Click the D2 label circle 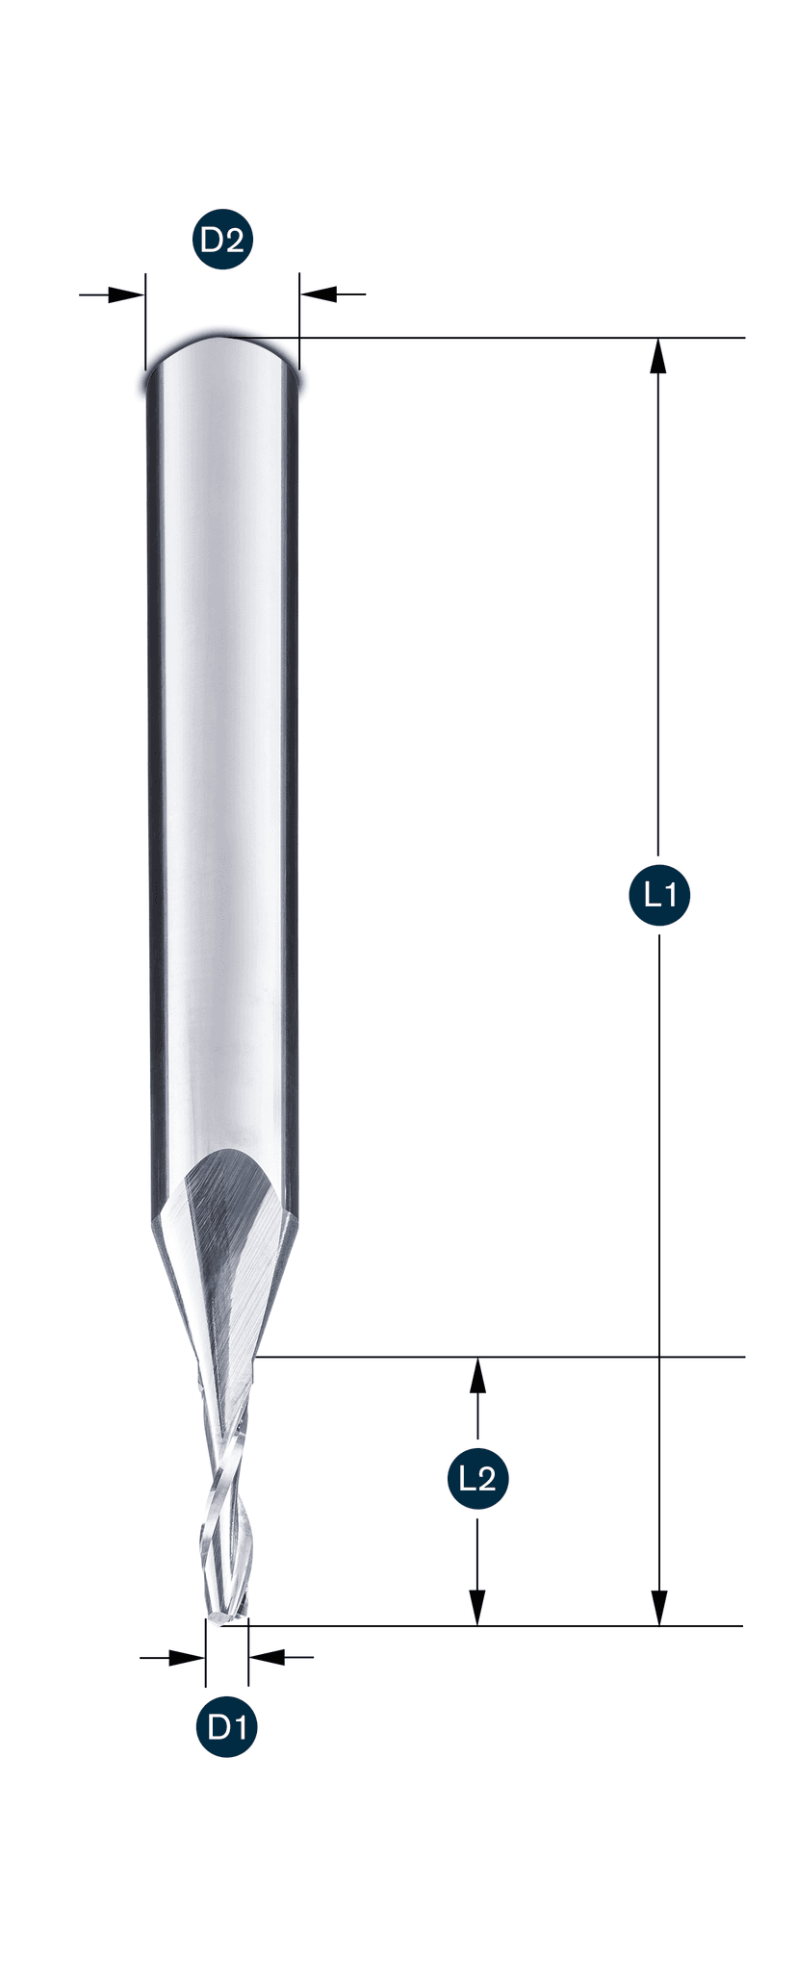[x=222, y=240]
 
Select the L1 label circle [x=659, y=895]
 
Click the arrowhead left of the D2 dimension [x=125, y=294]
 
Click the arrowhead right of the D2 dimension [x=319, y=294]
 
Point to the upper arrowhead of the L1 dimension [x=658, y=356]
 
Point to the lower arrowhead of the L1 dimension [x=658, y=1607]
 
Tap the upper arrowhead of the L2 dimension [x=477, y=1375]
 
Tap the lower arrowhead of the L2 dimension [x=477, y=1607]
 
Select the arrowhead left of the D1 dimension [x=187, y=1657]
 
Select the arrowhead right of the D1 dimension [x=267, y=1657]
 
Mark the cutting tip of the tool [x=224, y=1618]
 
